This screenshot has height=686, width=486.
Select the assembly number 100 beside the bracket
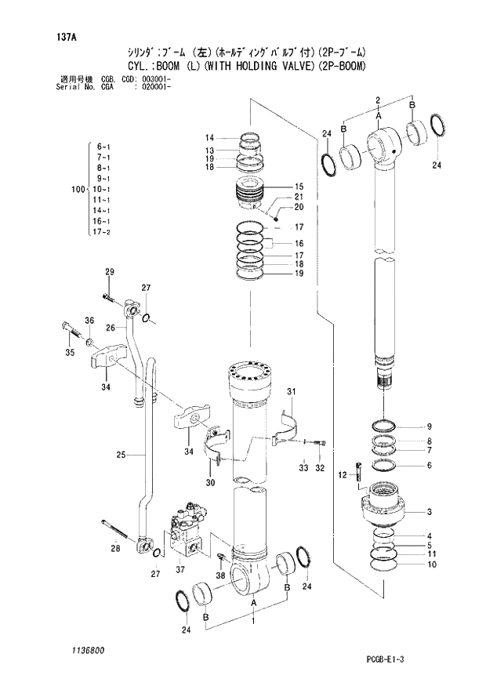coord(77,190)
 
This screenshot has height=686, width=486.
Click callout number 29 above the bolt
coord(110,272)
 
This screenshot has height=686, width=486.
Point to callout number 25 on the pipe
coord(121,455)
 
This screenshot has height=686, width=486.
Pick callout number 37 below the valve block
coord(180,569)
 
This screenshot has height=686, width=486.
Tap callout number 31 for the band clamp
coord(291,391)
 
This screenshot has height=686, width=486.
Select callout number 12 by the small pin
coord(342,475)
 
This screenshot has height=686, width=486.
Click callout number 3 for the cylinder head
coord(430,513)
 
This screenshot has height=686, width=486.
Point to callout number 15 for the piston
coord(299,187)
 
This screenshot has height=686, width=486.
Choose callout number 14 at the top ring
coord(210,138)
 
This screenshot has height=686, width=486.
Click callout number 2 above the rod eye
coord(378,100)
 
